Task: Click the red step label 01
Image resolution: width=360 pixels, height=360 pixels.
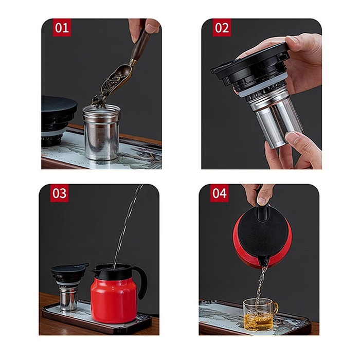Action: [62, 28]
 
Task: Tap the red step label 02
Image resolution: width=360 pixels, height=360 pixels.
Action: [222, 28]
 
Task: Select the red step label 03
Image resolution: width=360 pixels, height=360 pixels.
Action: [59, 193]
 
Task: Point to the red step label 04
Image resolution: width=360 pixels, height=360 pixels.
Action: [219, 193]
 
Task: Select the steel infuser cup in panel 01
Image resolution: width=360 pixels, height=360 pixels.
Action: [101, 132]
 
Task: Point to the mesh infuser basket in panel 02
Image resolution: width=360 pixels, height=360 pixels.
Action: [278, 123]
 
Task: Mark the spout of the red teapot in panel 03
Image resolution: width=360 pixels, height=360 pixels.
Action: [95, 270]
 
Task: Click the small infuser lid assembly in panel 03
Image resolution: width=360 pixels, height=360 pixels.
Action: [68, 286]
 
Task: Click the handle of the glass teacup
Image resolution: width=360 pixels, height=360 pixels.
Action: [275, 309]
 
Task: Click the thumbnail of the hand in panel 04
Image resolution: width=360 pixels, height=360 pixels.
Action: [262, 201]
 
